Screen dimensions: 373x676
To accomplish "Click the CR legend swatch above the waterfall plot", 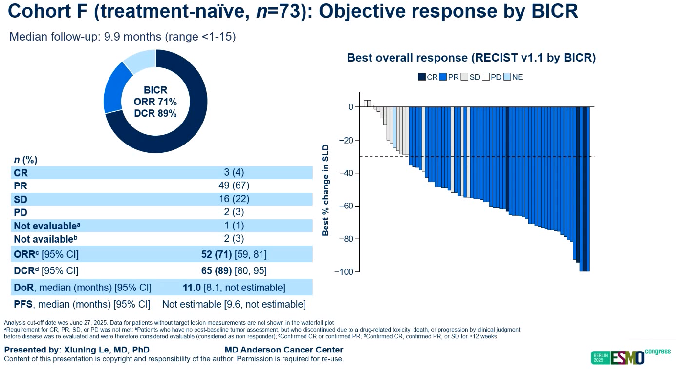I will pos(422,77).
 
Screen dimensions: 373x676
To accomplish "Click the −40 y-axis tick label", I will pos(346,173).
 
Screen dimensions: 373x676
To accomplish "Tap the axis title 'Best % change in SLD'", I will pos(326,190).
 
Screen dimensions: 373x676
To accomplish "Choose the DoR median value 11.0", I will pos(192,288).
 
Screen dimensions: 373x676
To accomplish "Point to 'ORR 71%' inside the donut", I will pos(155,102).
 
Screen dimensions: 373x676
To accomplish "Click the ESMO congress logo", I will pos(624,356).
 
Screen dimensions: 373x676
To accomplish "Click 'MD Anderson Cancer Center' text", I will pos(283,350).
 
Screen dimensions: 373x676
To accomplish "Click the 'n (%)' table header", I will pos(26,160).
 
